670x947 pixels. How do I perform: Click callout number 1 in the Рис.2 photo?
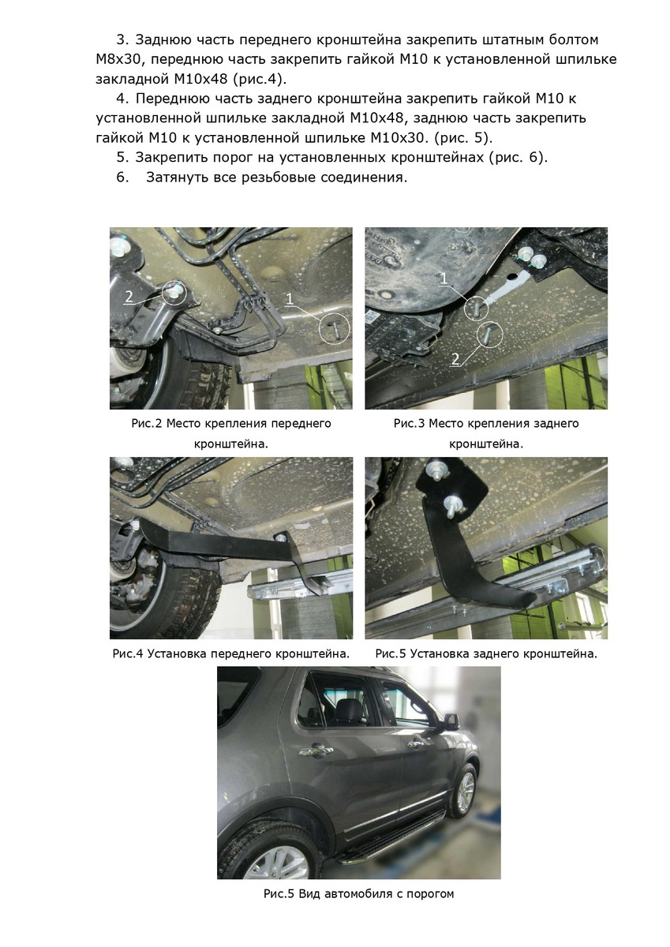290,299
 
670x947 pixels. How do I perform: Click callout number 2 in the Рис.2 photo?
129,297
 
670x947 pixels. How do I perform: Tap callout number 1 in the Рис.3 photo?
444,279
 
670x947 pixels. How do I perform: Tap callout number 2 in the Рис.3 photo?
455,359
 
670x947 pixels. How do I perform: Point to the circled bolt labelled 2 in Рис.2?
174,292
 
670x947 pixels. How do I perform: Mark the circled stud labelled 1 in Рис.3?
476,307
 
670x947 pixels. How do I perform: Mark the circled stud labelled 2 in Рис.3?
490,334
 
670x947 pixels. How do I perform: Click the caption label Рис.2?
146,424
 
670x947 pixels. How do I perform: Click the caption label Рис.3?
409,424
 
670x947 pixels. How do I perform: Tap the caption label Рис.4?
128,654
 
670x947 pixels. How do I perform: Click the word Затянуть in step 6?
177,177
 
